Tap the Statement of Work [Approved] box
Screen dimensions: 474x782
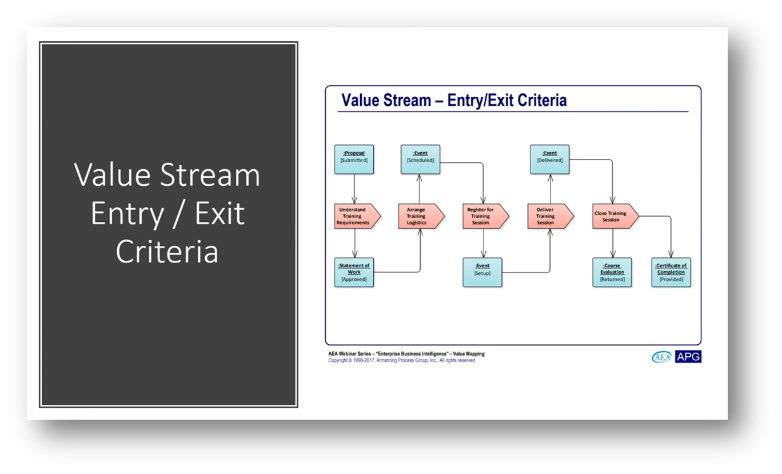point(354,272)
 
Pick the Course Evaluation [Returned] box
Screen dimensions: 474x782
point(612,272)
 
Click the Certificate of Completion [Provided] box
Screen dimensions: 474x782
point(671,272)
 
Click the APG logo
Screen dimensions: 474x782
point(688,357)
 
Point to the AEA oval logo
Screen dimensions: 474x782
point(662,357)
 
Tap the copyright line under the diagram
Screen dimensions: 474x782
point(401,361)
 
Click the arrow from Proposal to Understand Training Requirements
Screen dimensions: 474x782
point(354,188)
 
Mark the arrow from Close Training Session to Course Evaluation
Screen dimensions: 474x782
point(613,243)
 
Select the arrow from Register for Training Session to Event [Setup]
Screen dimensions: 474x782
point(484,243)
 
